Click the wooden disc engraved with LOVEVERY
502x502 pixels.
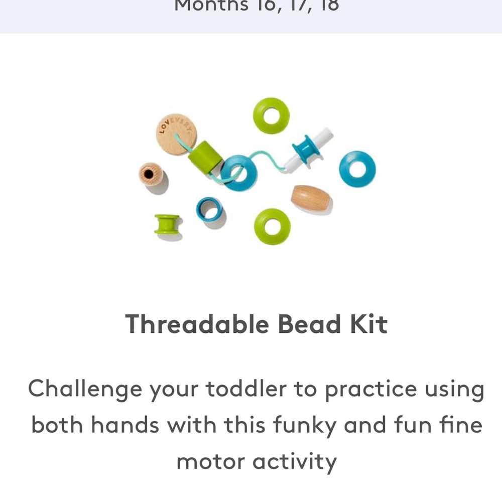point(176,134)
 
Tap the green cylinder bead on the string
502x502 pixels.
point(205,157)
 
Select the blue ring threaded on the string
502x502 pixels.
point(238,173)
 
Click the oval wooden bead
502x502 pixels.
point(310,198)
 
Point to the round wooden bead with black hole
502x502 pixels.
point(150,174)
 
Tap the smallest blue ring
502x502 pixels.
point(209,209)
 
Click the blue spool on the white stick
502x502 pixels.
point(306,149)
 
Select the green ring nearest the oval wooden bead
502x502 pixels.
point(272,226)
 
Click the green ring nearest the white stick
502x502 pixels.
point(271,115)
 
